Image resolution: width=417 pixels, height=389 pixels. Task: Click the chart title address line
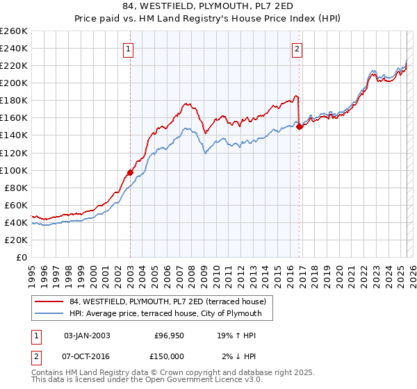tap(208, 7)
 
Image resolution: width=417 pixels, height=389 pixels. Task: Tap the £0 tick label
tap(22, 257)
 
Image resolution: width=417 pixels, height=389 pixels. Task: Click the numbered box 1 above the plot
tap(130, 49)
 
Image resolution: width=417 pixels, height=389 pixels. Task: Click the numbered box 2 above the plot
tap(297, 49)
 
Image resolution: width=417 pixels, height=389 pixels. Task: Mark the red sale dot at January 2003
tap(130, 172)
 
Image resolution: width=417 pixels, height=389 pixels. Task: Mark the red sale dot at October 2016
tap(299, 126)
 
